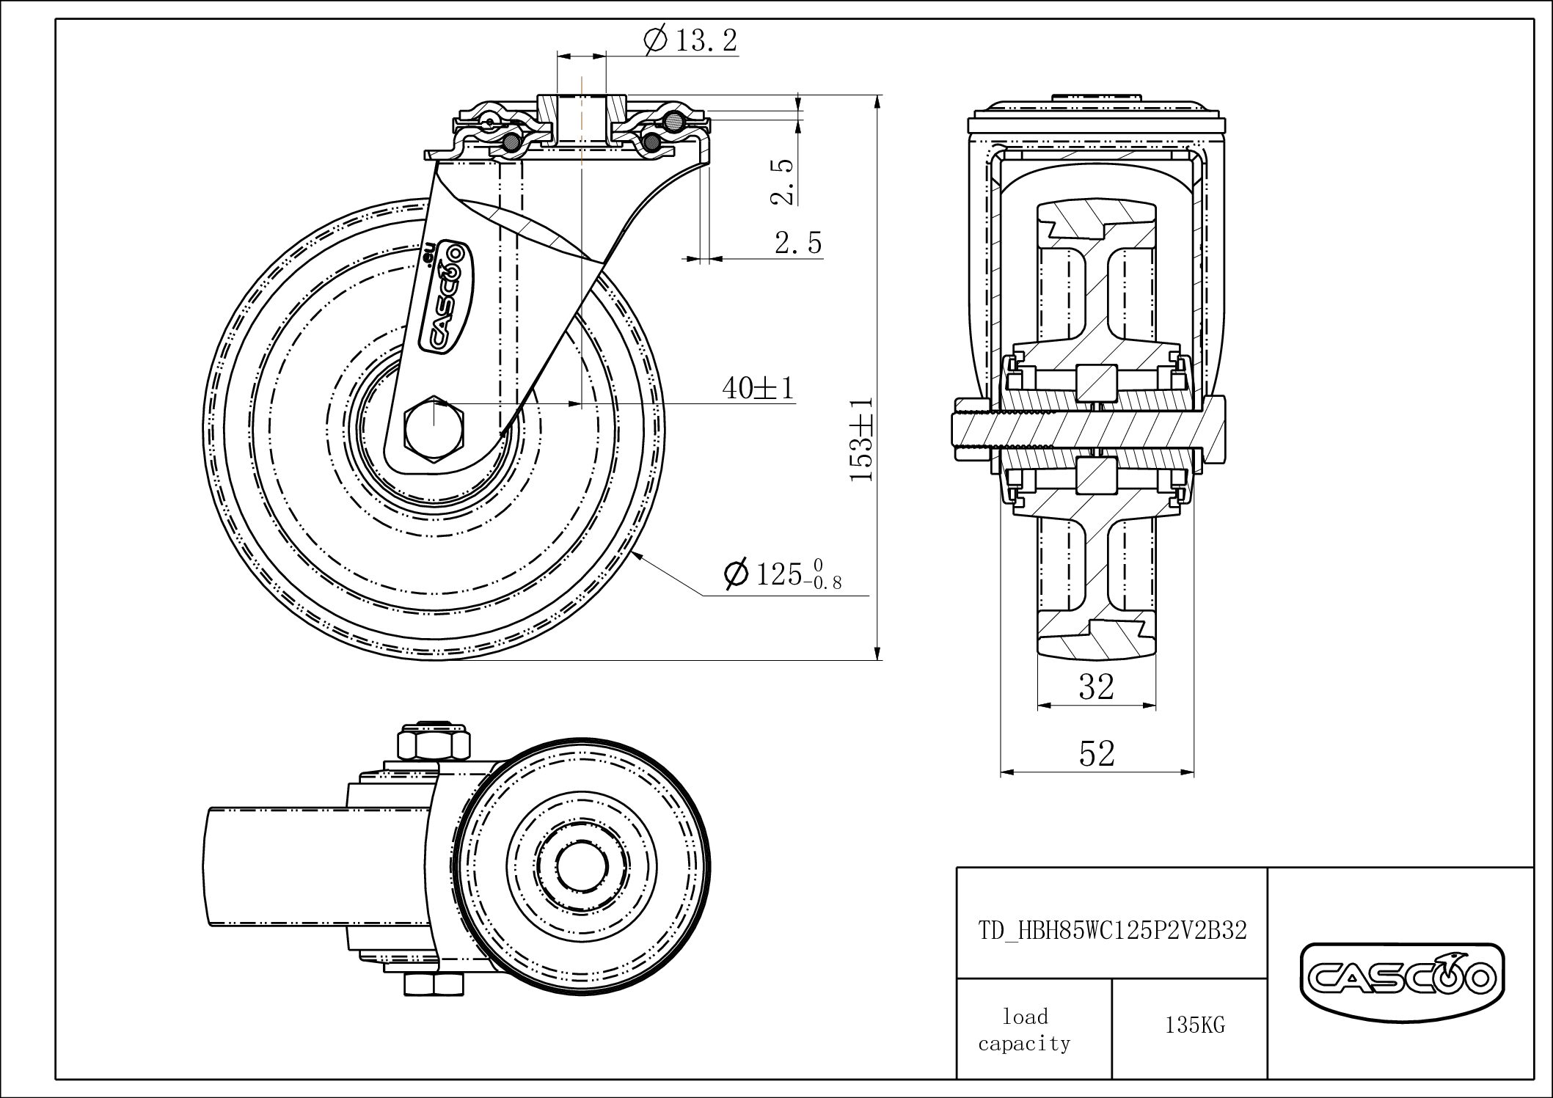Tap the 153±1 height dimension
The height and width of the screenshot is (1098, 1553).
coord(861,439)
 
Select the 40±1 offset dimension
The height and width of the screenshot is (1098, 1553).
coord(758,387)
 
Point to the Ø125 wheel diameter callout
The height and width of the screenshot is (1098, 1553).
coord(782,574)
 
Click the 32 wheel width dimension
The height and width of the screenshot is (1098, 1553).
coord(1097,687)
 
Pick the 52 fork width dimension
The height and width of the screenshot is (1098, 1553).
coord(1097,753)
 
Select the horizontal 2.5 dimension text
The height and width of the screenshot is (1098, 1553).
coord(798,242)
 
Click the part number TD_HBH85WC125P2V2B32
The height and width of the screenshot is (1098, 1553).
coord(1112,930)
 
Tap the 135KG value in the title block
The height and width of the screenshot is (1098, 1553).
coord(1195,1025)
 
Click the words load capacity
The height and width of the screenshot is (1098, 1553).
coord(1024,1029)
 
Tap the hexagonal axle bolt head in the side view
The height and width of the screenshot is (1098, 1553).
coord(434,429)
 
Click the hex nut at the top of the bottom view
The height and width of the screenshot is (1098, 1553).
coord(434,742)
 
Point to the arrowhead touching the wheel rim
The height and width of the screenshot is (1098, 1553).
coord(640,557)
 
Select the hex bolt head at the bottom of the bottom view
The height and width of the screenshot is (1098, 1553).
coord(434,983)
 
